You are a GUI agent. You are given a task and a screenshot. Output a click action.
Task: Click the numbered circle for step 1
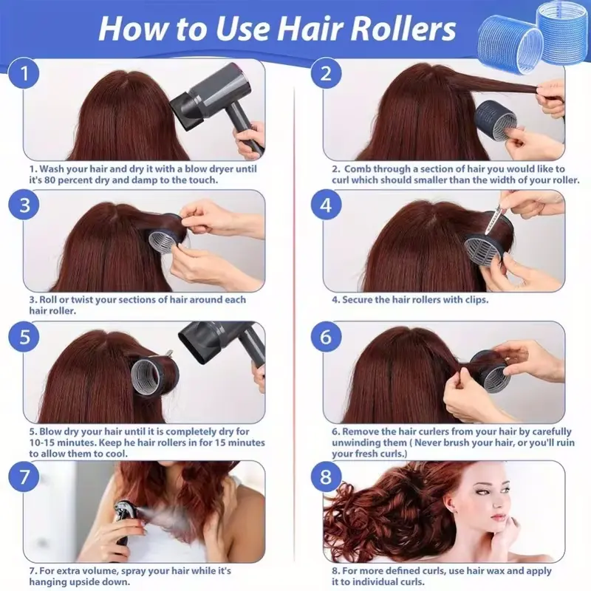pos(24,73)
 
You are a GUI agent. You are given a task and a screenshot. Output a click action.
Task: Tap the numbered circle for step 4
pos(326,205)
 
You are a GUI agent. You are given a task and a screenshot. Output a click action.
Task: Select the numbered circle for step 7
pos(24,476)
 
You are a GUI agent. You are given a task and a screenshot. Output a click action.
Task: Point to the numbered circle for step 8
pos(326,476)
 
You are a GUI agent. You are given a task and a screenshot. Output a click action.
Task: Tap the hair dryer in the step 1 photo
pos(219,102)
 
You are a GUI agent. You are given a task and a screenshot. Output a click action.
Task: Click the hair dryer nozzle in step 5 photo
pos(196,344)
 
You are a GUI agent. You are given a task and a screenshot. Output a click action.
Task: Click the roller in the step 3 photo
pos(165,233)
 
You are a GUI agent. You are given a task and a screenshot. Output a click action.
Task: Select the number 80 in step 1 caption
pos(49,180)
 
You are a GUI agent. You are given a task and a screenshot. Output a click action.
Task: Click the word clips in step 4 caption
pos(476,300)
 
